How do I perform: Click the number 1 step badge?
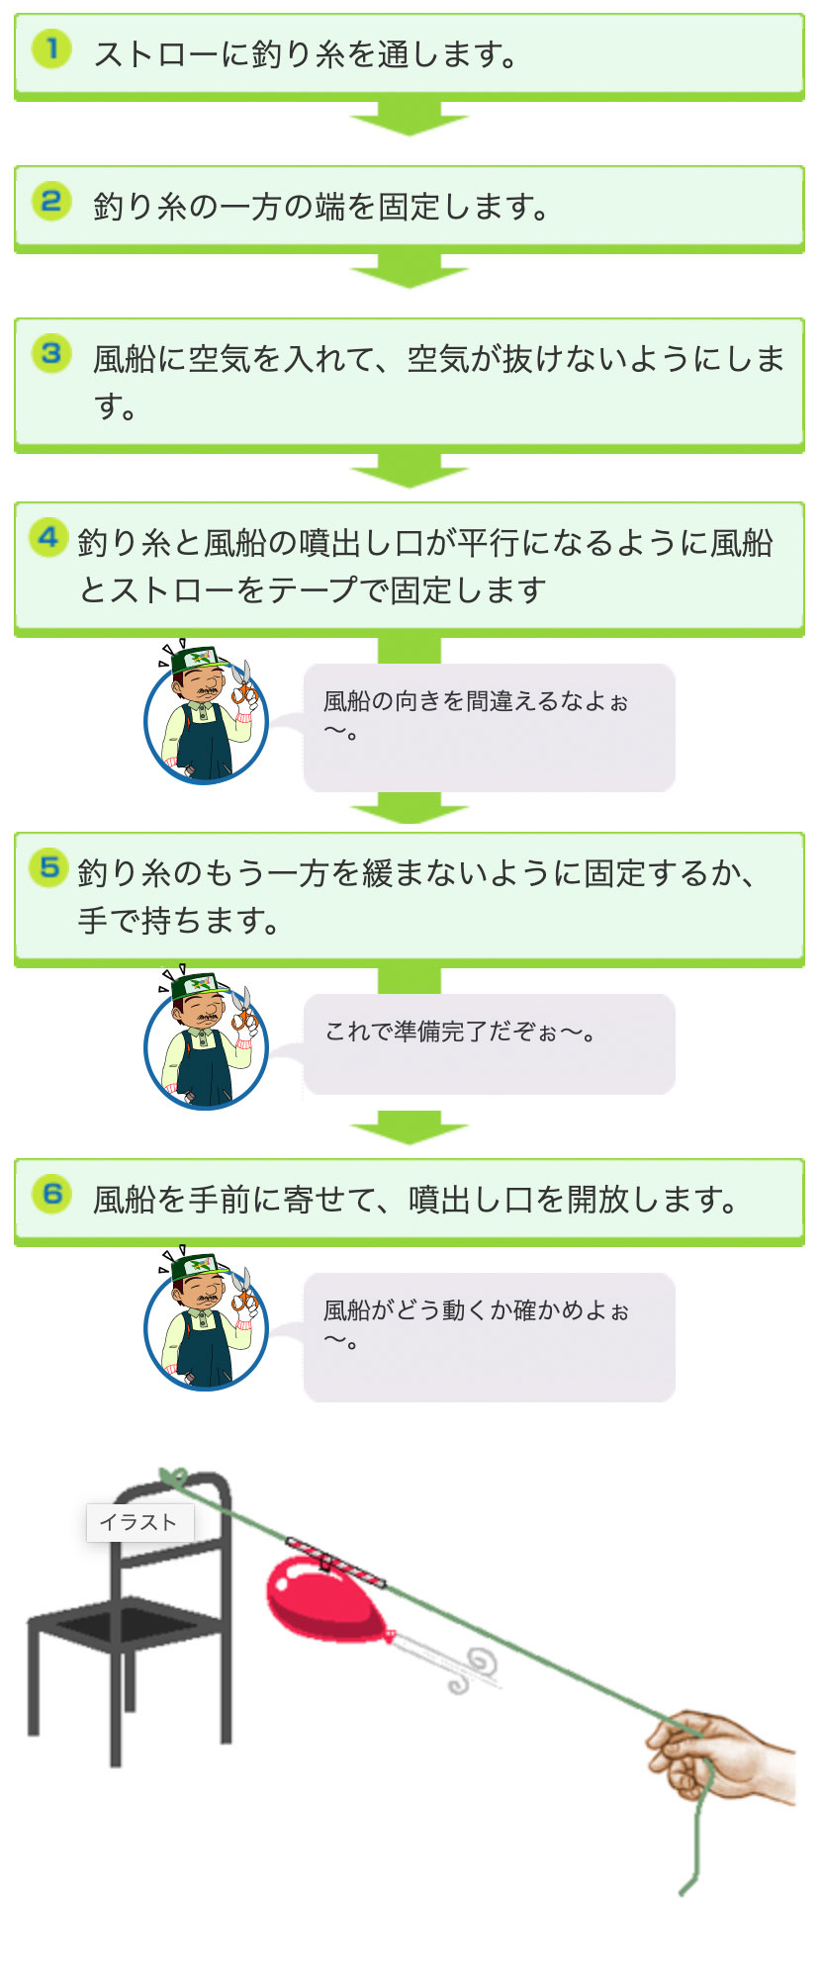[51, 49]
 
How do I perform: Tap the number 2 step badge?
[51, 202]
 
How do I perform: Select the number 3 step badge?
[51, 354]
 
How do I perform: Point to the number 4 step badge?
[48, 538]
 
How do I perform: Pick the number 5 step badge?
[48, 868]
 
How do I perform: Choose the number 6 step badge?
[51, 1195]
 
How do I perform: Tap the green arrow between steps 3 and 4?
[410, 470]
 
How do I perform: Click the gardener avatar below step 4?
[206, 714]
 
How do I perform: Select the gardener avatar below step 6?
[206, 1321]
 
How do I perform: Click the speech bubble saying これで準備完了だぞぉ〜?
[489, 1044]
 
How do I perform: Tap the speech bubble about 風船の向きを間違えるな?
[489, 728]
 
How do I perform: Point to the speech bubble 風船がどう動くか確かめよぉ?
[489, 1337]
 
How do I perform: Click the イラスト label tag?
[139, 1522]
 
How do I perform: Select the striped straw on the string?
[335, 1560]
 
